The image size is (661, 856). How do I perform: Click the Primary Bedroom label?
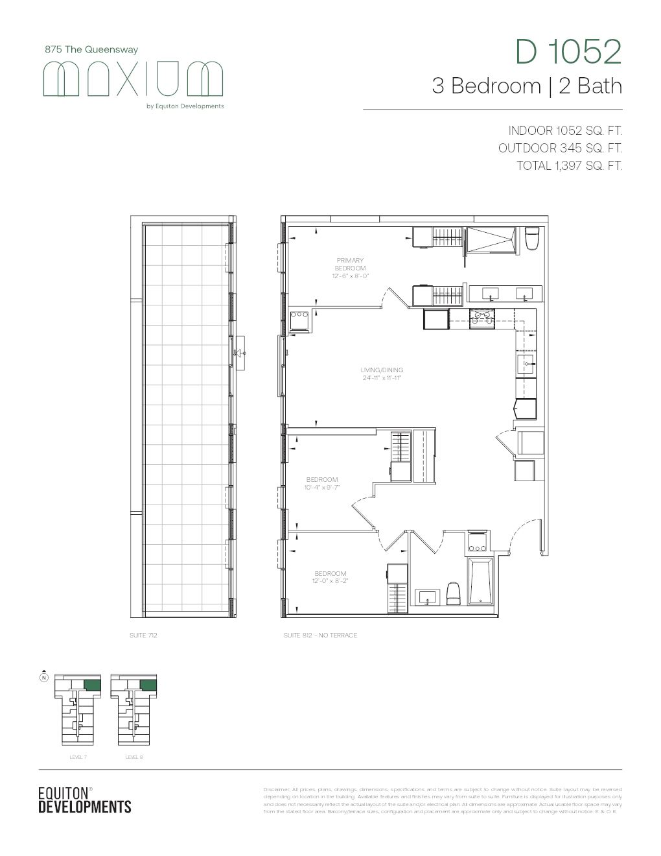coord(350,265)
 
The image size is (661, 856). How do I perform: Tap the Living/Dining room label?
coord(382,370)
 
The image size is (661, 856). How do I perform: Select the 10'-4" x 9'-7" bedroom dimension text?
coord(323,487)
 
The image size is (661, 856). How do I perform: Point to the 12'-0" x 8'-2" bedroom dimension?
coord(330,581)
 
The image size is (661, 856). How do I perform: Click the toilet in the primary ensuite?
coord(532,239)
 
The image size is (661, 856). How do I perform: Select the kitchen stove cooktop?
coord(481,318)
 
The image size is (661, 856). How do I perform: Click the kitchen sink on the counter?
coord(526,362)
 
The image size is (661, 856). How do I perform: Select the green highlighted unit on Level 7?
coord(93,685)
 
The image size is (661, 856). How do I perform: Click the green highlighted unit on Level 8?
coord(148,685)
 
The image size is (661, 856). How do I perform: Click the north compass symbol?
coord(43,677)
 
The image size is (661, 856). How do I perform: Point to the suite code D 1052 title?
coord(568,52)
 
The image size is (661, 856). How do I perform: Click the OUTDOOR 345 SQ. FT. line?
coord(560,148)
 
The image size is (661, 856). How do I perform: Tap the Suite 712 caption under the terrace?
coord(143,636)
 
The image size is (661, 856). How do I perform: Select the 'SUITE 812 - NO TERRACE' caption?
coord(320,636)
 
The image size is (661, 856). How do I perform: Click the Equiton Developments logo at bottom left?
coord(84,800)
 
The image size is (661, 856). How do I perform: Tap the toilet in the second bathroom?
coord(454,593)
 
